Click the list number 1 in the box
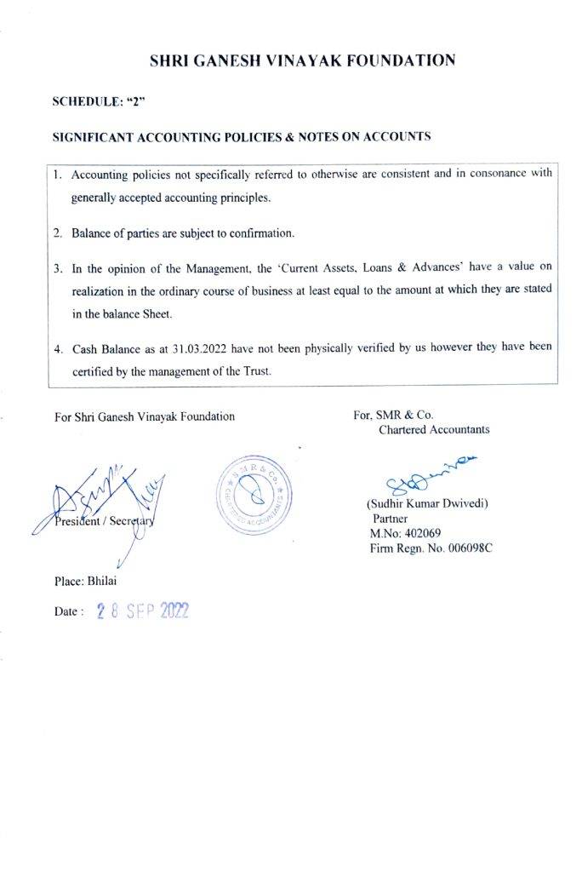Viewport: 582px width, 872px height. [x=57, y=175]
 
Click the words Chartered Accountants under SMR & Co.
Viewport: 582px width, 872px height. [x=434, y=430]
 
